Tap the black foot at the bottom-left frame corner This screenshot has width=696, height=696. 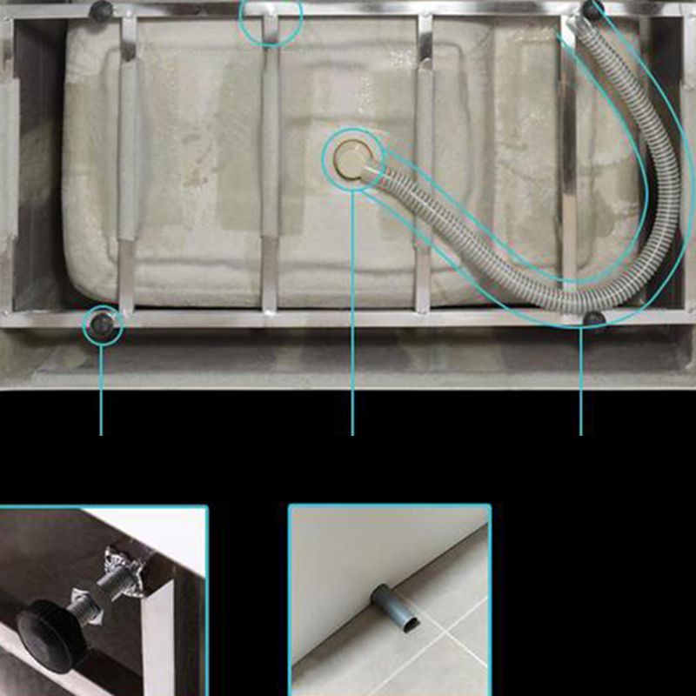click(102, 325)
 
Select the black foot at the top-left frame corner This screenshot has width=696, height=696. click(101, 11)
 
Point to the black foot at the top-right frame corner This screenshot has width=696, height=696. click(593, 10)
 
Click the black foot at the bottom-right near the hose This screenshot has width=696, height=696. click(594, 319)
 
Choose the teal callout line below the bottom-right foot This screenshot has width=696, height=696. click(581, 383)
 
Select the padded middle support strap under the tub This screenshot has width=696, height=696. click(271, 144)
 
